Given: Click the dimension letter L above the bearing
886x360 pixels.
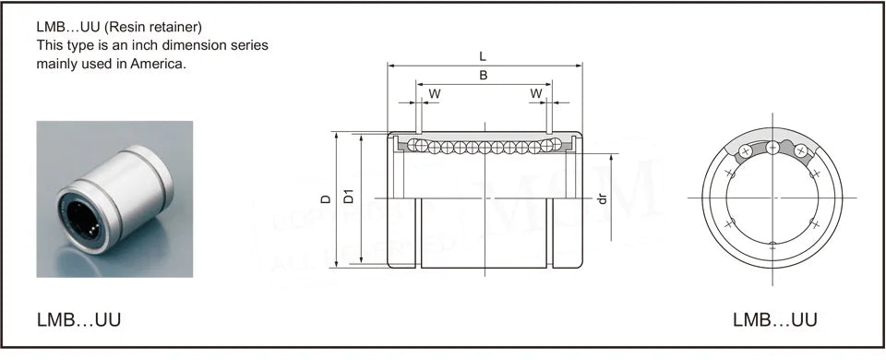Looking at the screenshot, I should pyautogui.click(x=483, y=57).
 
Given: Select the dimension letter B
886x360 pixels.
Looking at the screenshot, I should pyautogui.click(x=483, y=76).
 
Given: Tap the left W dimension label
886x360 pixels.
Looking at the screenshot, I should pyautogui.click(x=434, y=93).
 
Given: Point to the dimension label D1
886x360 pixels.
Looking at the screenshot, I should pyautogui.click(x=348, y=197).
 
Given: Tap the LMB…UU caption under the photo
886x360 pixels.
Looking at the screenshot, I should pyautogui.click(x=78, y=320).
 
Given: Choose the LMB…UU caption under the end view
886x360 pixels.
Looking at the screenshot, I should pyautogui.click(x=774, y=320).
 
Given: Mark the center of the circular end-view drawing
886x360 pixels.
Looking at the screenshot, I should pyautogui.click(x=772, y=197).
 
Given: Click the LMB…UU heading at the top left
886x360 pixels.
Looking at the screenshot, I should pyautogui.click(x=69, y=26).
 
